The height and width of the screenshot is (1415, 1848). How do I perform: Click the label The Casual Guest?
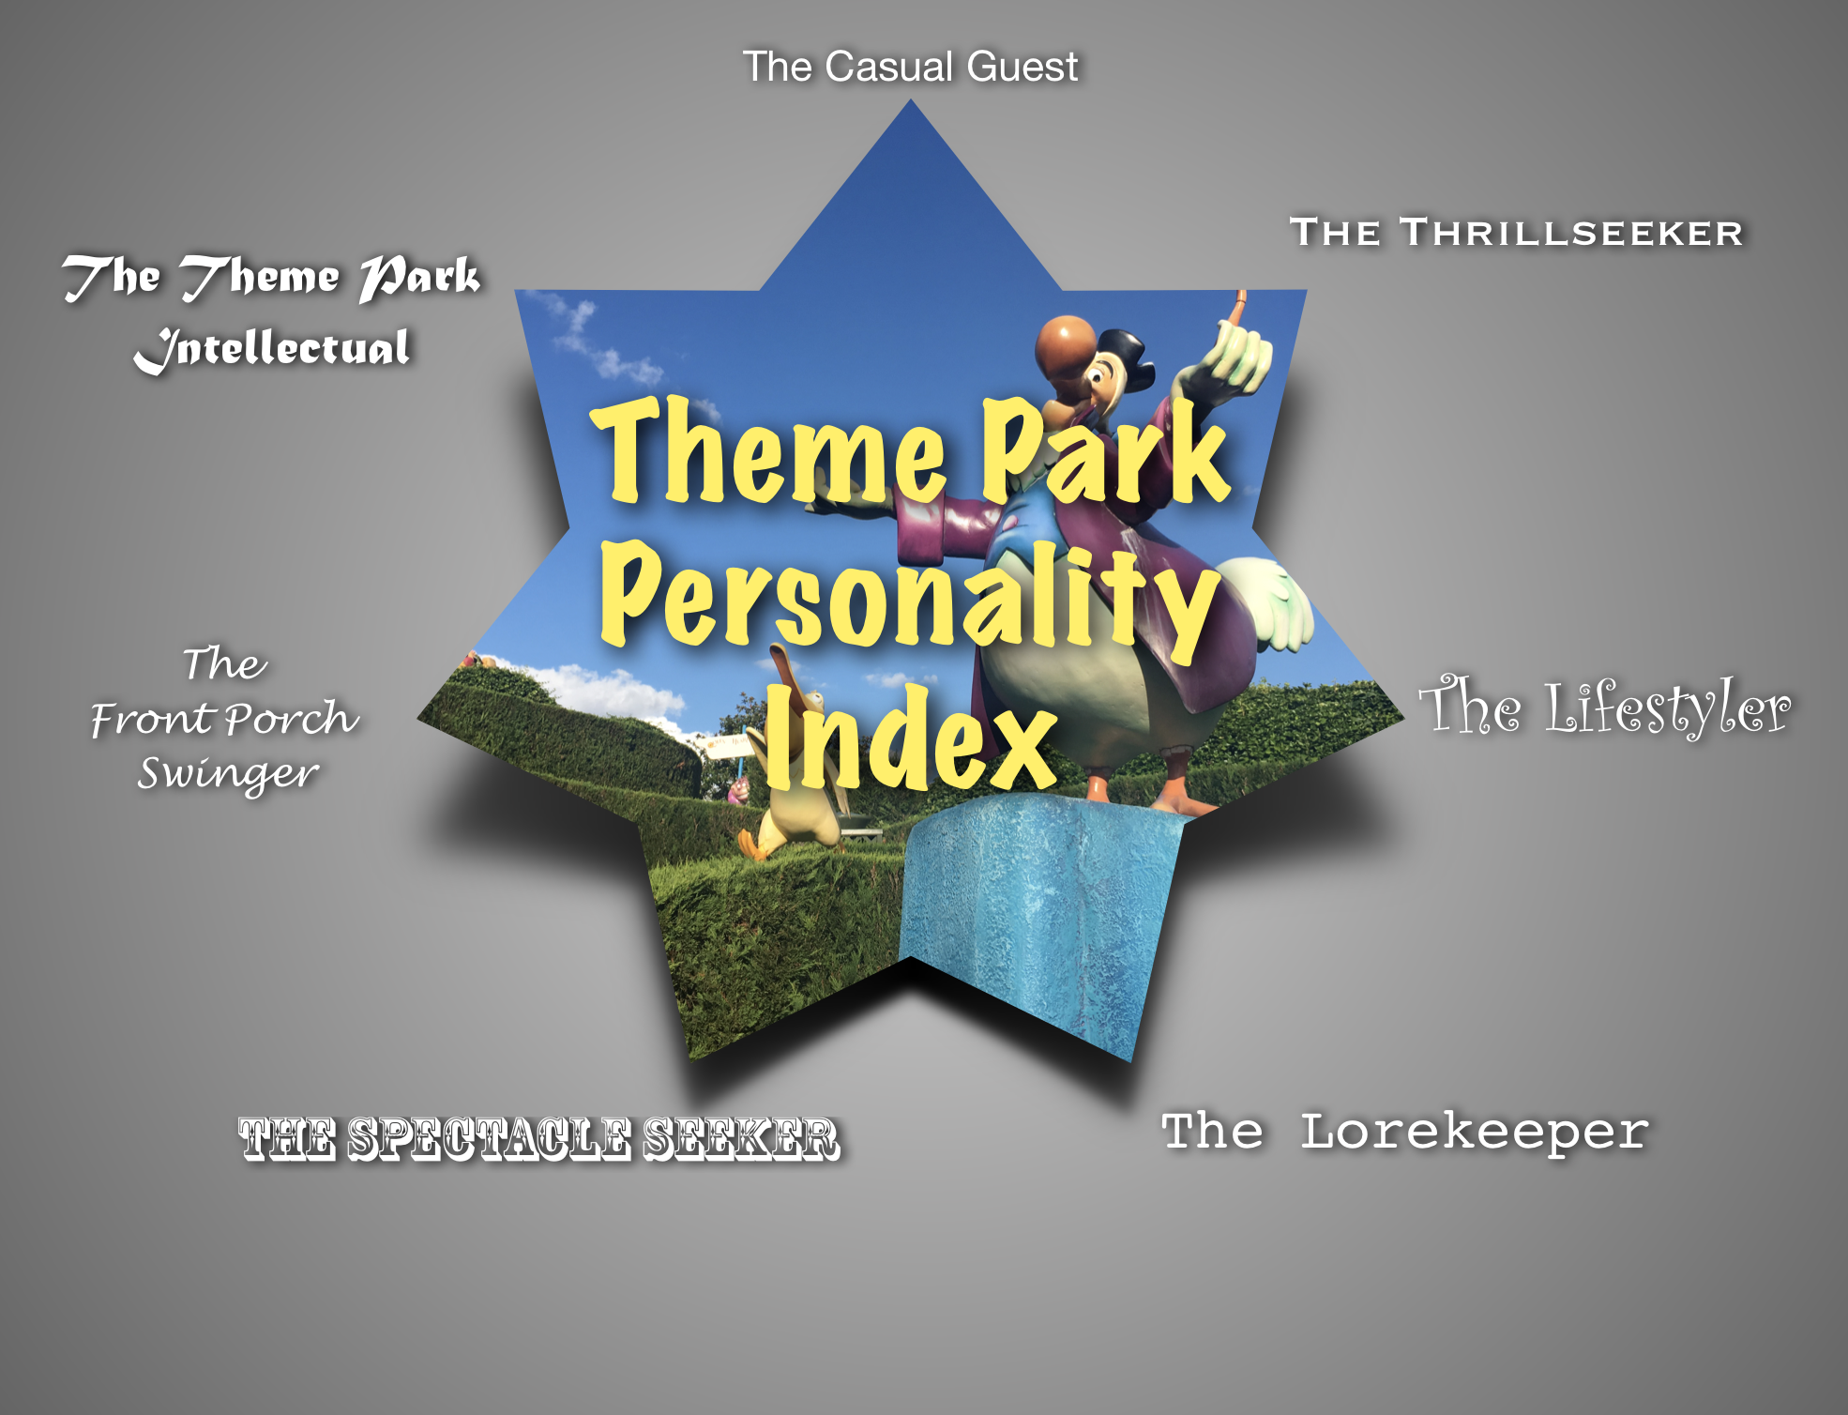click(910, 67)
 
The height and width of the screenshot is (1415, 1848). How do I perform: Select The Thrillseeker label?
click(1517, 233)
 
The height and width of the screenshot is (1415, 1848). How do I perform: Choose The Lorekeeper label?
click(1404, 1132)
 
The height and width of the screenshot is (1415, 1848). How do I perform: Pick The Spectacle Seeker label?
click(538, 1139)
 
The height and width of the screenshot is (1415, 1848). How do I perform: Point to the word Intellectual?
click(272, 349)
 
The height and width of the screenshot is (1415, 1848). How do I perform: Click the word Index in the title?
click(910, 738)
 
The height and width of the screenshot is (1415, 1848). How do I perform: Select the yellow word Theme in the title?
click(769, 450)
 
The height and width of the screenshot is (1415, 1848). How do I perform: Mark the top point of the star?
click(910, 99)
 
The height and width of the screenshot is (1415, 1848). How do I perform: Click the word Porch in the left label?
click(291, 720)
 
